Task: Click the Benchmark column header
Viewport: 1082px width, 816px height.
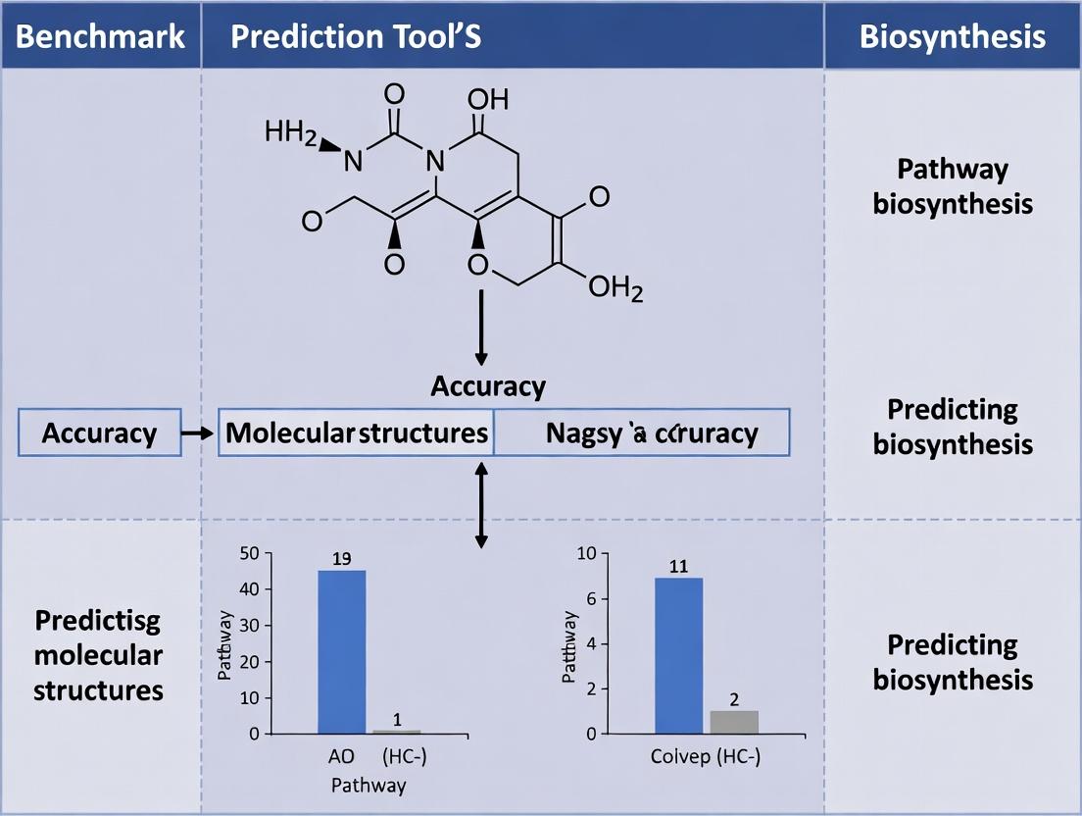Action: click(100, 36)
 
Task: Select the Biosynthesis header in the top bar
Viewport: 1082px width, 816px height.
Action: click(952, 36)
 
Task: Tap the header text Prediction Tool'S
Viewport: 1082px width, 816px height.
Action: click(356, 36)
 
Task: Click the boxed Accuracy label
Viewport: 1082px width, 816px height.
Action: click(100, 433)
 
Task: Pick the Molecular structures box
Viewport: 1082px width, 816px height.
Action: click(357, 433)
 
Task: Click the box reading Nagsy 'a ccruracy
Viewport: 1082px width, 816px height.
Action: click(641, 433)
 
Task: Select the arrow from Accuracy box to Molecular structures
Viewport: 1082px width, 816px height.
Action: click(200, 433)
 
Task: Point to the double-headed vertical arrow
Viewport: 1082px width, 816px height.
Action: click(480, 504)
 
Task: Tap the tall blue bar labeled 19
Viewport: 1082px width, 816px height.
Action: click(341, 651)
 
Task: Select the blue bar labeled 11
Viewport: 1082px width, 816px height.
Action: click(678, 655)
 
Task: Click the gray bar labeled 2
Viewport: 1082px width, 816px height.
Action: click(733, 722)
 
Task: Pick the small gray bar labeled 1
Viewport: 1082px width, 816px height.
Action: click(396, 732)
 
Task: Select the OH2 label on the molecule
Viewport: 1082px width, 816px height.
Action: click(615, 288)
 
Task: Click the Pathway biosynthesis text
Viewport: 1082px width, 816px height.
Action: click(952, 186)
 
